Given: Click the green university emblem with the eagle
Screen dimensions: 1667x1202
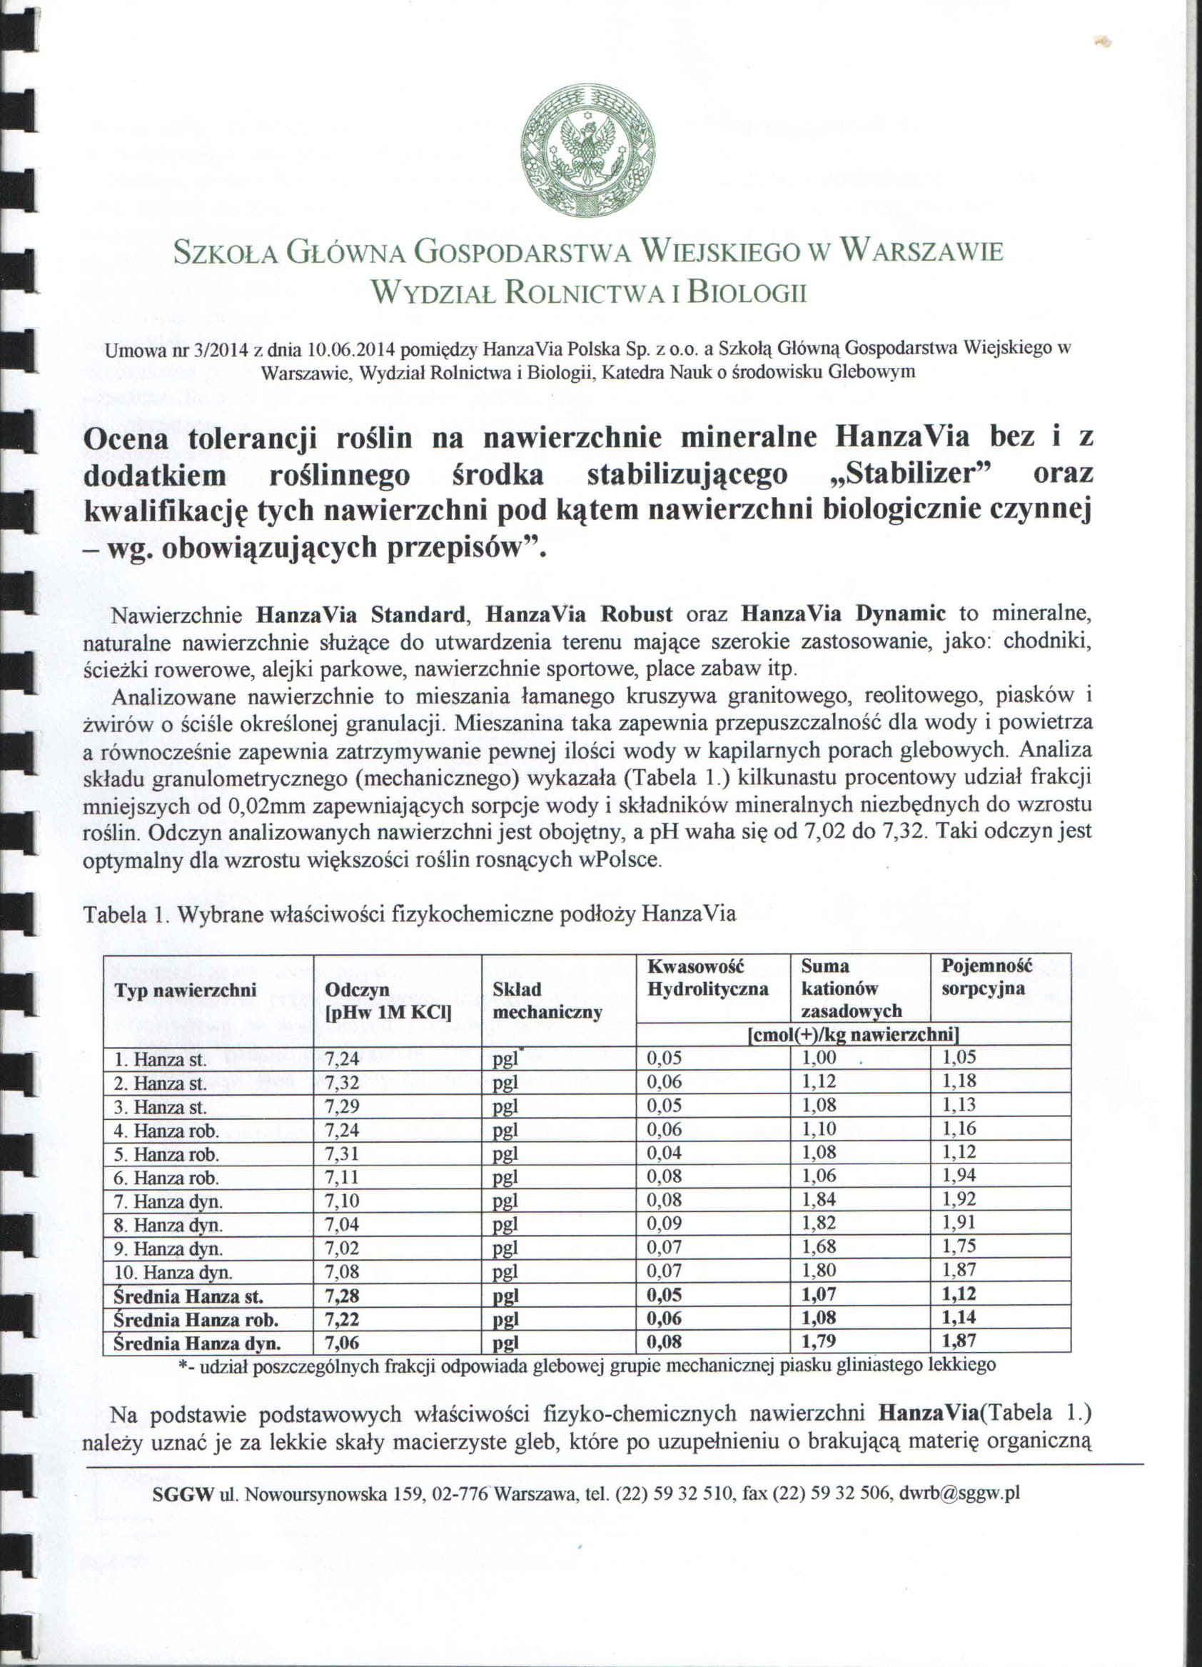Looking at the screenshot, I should pyautogui.click(x=587, y=151).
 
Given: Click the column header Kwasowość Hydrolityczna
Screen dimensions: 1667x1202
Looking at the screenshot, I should pyautogui.click(x=707, y=977).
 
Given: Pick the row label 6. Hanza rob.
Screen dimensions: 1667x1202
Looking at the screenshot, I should pyautogui.click(x=167, y=1178).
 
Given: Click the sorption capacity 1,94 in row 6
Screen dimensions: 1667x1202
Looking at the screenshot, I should pyautogui.click(x=959, y=1176).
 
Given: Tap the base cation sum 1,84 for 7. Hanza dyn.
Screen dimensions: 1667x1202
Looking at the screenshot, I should pyautogui.click(x=819, y=1199).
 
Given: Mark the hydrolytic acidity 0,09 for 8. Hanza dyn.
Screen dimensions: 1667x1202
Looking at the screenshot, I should pyautogui.click(x=665, y=1223).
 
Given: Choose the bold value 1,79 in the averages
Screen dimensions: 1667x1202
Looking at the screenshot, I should pyautogui.click(x=819, y=1342).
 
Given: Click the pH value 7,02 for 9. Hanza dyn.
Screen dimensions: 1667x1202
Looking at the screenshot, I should pyautogui.click(x=342, y=1248).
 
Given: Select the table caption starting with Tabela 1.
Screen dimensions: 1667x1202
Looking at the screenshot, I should pyautogui.click(x=409, y=914).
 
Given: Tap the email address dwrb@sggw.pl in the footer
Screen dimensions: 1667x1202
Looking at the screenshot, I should pyautogui.click(x=959, y=1493).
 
